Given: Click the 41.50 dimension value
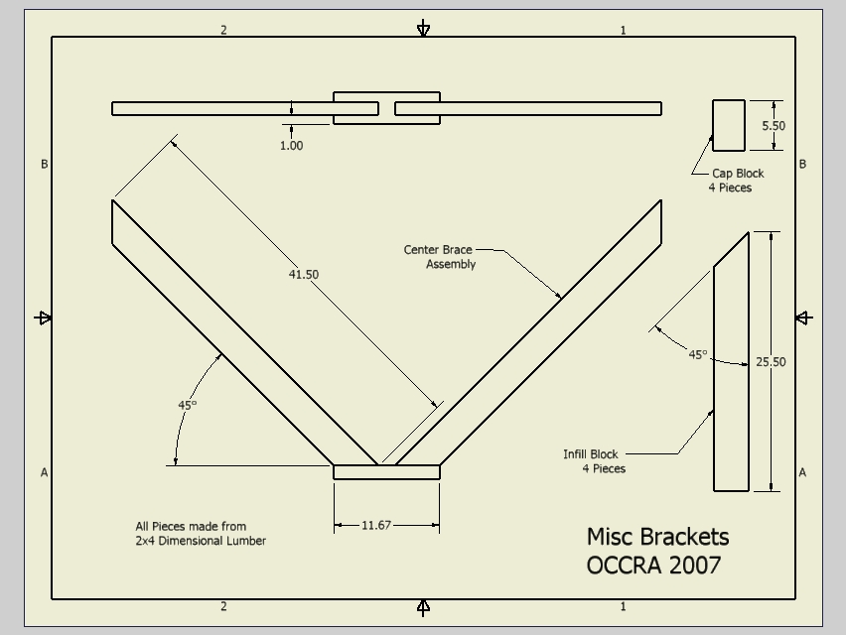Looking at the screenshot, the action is pos(303,275).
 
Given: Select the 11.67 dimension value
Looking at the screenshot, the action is pos(376,525).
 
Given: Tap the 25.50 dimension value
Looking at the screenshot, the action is pos(771,362).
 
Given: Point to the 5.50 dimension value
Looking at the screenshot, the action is pos(774,126).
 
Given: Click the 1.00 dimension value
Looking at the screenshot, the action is pos(291,146).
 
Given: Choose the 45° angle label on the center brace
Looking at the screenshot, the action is pos(188,405).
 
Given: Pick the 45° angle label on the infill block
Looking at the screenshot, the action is pos(698,354).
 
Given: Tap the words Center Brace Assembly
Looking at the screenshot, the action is pos(439,257).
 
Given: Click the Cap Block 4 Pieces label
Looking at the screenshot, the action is pos(736,181).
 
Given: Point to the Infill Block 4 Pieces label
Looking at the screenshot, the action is pos(594,461).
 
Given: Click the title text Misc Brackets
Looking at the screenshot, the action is pos(657,537).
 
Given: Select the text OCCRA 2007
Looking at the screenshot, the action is pos(653,566).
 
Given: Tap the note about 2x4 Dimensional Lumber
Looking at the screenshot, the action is pos(201,534).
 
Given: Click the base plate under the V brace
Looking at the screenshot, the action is pos(386,472).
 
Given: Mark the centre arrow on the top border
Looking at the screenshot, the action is pos(424,28).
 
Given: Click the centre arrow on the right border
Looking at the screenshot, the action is pos(804,318).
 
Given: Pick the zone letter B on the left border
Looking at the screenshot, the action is pos(45,164).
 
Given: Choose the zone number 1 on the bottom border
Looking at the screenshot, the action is pos(624,606).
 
